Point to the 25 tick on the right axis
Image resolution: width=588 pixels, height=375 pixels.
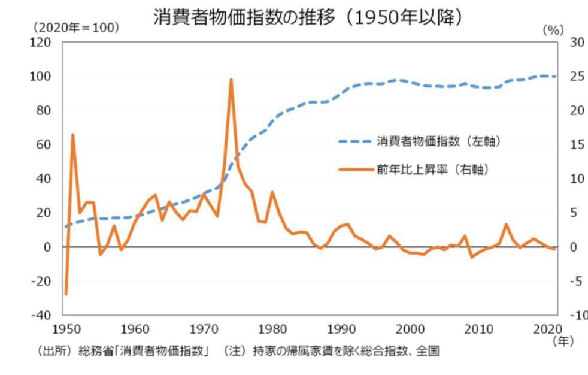(576, 77)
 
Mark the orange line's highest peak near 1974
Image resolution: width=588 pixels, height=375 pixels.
(231, 79)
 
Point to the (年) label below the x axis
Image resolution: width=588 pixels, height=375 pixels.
(563, 341)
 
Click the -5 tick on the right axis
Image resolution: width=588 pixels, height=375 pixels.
(577, 281)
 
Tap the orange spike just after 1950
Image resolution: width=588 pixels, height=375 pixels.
(72, 135)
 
